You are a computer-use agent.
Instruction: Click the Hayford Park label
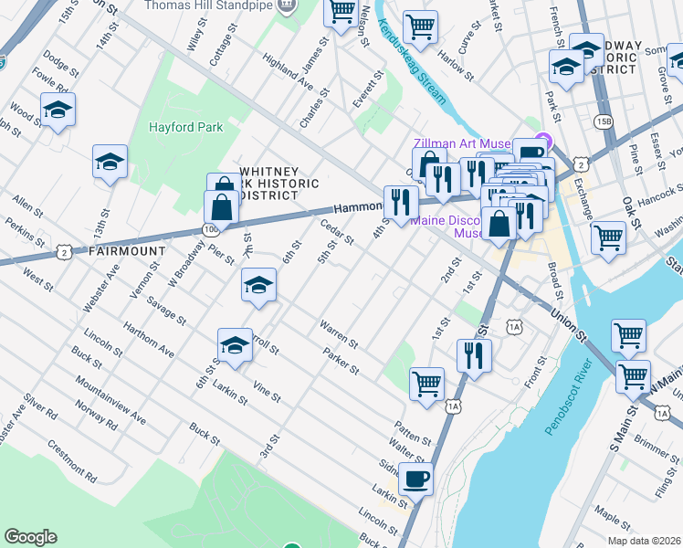[185, 128]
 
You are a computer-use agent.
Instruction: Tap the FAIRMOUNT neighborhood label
[127, 250]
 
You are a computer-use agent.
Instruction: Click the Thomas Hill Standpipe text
[208, 5]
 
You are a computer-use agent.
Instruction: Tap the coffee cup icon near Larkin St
[415, 477]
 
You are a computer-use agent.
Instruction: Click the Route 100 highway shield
[211, 228]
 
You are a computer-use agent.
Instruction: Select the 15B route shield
[603, 121]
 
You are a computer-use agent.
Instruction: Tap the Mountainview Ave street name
[110, 399]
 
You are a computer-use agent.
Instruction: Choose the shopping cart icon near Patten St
[426, 384]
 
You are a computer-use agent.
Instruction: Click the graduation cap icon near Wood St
[58, 111]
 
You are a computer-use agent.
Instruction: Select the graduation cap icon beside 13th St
[110, 163]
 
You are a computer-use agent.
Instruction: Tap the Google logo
[30, 537]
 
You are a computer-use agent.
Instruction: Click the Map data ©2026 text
[643, 541]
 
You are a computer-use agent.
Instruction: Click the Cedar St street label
[337, 232]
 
